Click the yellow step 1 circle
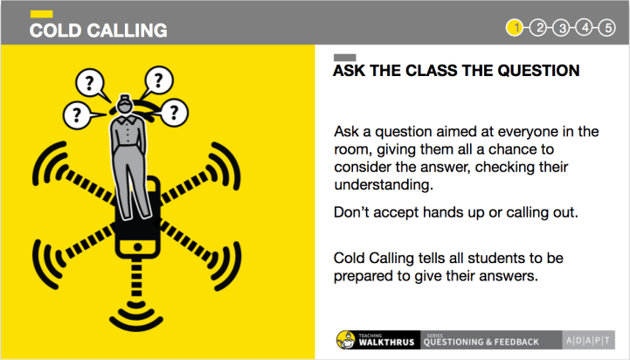point(516,28)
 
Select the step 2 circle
point(538,28)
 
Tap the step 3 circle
point(561,28)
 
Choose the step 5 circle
point(607,28)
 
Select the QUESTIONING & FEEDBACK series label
point(481,342)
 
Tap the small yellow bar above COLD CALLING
point(41,14)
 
